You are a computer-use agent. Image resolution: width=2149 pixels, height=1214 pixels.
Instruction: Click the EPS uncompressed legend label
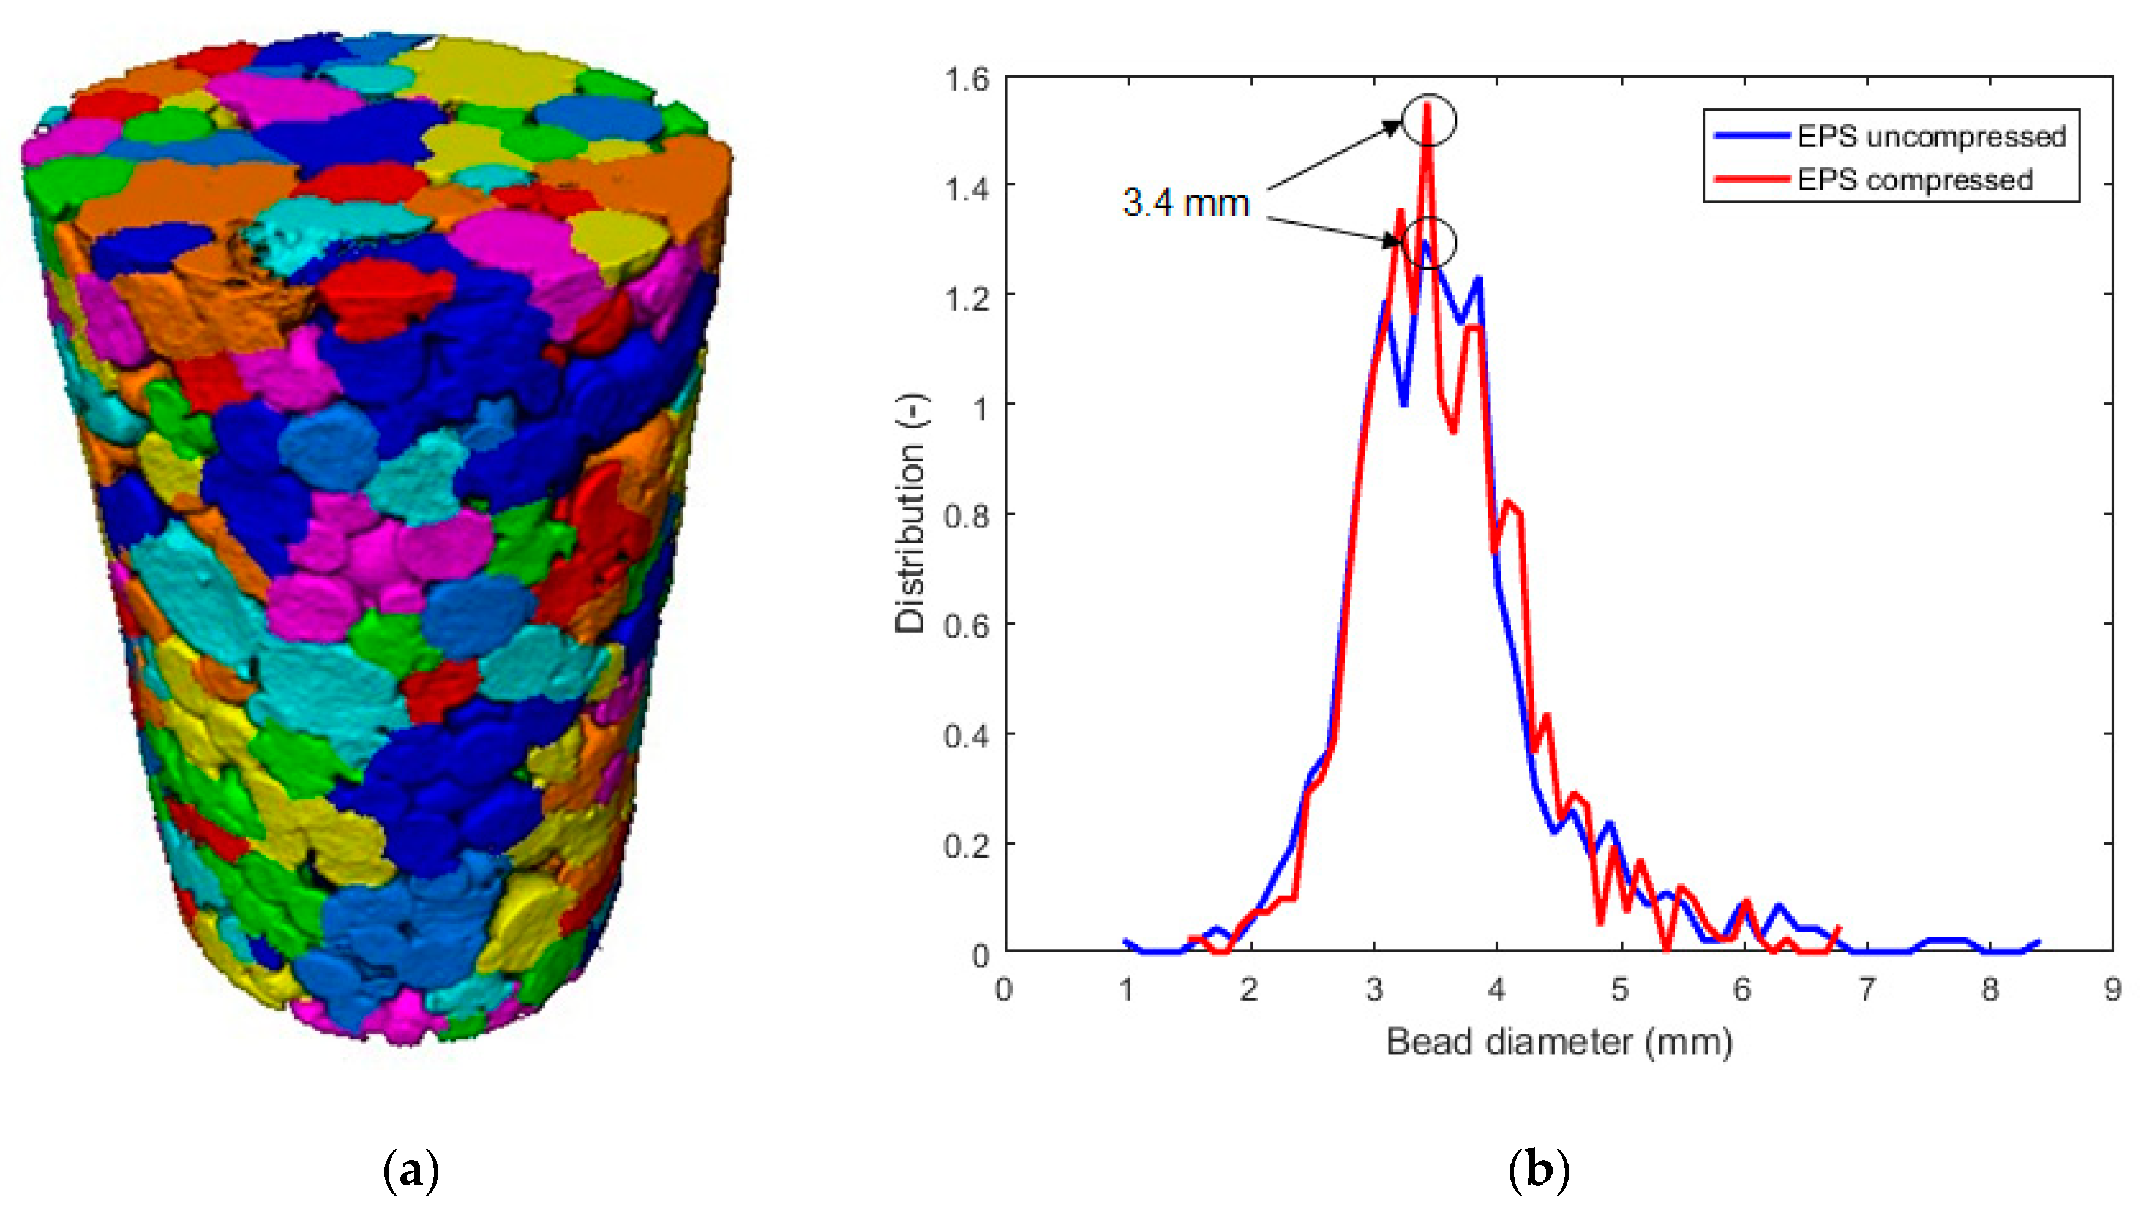(1930, 136)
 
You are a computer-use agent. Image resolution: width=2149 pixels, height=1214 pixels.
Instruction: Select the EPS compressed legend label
(1914, 179)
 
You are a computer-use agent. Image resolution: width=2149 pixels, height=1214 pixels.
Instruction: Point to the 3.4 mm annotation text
(1185, 203)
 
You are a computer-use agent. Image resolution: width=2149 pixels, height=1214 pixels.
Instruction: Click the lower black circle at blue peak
(1428, 242)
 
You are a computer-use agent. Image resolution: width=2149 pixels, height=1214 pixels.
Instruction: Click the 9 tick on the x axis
(2112, 990)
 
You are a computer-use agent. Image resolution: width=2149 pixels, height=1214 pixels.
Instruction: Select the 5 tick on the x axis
(1620, 990)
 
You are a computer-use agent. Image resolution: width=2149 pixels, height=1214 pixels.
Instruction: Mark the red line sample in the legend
(1752, 179)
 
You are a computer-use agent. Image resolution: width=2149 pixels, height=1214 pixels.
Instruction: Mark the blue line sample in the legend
(1752, 136)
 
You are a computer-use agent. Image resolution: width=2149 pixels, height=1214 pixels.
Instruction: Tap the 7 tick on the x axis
(1866, 990)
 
